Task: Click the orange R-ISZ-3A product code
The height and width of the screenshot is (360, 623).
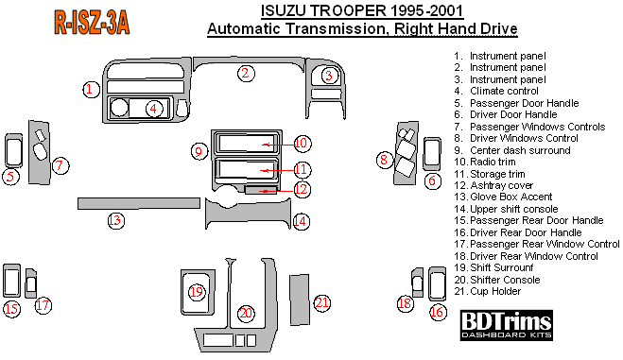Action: (92, 24)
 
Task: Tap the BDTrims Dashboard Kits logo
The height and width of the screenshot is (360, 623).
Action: (506, 325)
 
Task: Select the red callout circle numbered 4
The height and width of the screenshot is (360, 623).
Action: (154, 109)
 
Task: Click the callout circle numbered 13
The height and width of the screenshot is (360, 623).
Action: (115, 220)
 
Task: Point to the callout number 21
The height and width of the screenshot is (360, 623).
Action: (321, 303)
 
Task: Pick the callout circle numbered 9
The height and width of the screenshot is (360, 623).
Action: (199, 151)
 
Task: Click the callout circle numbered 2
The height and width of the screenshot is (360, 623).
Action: (246, 73)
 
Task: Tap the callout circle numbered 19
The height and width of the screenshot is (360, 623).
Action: (197, 292)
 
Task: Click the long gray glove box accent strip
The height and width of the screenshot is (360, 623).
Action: (139, 203)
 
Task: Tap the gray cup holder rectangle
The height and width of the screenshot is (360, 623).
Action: (300, 300)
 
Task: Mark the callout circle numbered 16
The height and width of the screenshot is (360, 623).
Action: (437, 312)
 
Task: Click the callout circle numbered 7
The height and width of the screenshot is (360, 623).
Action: (60, 165)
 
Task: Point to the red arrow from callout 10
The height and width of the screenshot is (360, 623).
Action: (278, 145)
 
